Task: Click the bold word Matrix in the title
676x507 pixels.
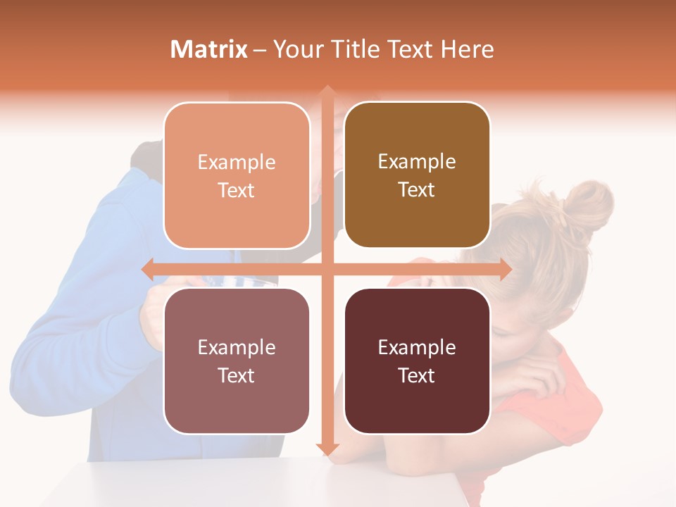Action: click(x=209, y=49)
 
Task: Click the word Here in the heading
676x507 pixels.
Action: click(x=468, y=49)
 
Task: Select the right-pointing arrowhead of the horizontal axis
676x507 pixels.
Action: click(x=505, y=269)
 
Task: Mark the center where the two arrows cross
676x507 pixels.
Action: click(x=327, y=269)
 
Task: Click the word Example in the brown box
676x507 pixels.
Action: click(x=417, y=162)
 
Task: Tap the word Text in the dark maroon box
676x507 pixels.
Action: click(x=417, y=375)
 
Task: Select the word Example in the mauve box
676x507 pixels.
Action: click(x=237, y=348)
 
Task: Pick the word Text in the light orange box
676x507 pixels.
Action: click(x=237, y=190)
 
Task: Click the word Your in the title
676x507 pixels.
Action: click(x=295, y=49)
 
